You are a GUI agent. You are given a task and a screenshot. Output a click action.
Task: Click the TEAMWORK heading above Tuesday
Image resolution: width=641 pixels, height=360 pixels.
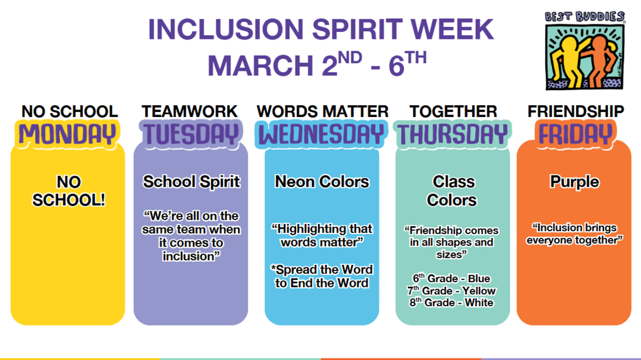(x=190, y=111)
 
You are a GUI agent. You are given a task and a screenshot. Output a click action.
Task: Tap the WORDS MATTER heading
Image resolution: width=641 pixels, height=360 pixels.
(x=322, y=111)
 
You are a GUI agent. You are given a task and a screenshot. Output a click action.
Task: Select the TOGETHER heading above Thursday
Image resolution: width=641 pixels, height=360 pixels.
(x=453, y=111)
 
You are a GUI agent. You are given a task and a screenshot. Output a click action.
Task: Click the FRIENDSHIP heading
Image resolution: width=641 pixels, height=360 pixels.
(x=575, y=111)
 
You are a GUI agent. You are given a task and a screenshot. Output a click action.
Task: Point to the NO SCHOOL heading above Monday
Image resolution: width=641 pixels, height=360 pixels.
(x=69, y=111)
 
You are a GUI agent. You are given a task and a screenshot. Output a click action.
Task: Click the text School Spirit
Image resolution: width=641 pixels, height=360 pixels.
(x=191, y=182)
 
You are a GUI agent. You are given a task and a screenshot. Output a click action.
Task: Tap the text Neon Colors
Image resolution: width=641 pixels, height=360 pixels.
(x=322, y=182)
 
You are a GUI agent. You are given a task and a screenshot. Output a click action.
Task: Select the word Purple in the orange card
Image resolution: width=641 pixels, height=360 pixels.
(x=574, y=182)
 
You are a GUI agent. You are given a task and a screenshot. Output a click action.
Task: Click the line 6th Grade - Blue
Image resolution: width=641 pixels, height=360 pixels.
(x=451, y=278)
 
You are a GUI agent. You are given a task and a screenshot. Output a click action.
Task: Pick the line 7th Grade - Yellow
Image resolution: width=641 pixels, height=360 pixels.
(x=451, y=291)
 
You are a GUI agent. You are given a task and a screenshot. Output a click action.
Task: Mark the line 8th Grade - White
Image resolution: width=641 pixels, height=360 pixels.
(x=451, y=303)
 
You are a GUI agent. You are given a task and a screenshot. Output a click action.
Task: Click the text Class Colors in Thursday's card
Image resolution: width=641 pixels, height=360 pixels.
(x=453, y=191)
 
